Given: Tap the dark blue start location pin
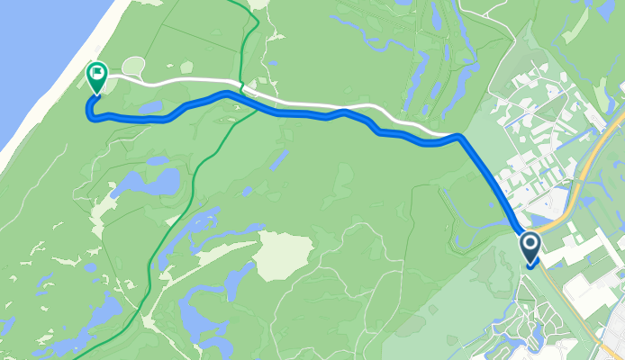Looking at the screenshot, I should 530,244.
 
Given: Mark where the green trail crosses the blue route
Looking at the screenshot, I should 242,98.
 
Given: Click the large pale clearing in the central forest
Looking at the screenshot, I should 283,255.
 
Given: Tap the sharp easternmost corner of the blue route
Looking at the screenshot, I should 459,137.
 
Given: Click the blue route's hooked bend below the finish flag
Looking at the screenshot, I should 89,110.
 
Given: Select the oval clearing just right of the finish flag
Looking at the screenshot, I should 133,66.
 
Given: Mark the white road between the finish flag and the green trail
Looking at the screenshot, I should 180,84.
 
